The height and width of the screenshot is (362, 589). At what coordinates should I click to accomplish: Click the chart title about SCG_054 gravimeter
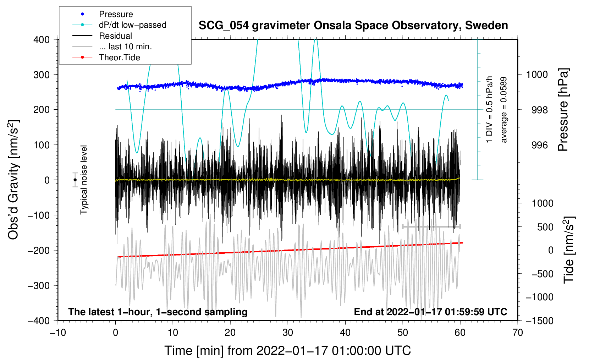click(x=353, y=26)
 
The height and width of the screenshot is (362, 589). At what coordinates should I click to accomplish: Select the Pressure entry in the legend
click(x=116, y=14)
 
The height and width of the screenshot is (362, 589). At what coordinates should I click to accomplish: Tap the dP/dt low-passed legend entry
click(x=132, y=25)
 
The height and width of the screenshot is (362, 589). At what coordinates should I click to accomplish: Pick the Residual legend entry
click(x=115, y=36)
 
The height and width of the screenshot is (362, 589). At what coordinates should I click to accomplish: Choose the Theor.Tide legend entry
click(x=119, y=57)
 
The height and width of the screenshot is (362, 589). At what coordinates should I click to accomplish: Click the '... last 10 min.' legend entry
click(x=125, y=46)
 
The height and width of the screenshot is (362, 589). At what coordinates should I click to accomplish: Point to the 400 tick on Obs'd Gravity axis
click(x=42, y=40)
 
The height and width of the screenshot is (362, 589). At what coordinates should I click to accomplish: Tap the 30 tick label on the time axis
click(x=288, y=333)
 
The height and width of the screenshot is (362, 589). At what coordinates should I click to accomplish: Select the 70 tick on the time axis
click(x=518, y=333)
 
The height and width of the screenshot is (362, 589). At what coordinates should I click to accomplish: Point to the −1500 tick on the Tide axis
click(x=539, y=320)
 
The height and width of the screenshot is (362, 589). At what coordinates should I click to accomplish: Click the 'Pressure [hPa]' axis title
click(x=563, y=110)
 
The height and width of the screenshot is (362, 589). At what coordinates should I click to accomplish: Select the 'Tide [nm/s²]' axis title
click(x=568, y=250)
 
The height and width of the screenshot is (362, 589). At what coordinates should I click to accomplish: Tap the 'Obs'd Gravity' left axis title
click(x=13, y=180)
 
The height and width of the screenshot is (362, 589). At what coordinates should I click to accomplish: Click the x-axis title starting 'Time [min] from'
click(x=288, y=351)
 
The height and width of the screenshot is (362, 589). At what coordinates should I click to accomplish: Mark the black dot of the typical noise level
click(x=75, y=180)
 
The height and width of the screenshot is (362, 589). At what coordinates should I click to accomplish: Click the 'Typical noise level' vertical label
click(x=84, y=180)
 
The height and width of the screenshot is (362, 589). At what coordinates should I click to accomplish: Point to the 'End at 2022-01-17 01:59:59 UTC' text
click(x=430, y=312)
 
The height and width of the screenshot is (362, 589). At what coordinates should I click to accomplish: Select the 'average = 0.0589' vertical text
click(x=504, y=110)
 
